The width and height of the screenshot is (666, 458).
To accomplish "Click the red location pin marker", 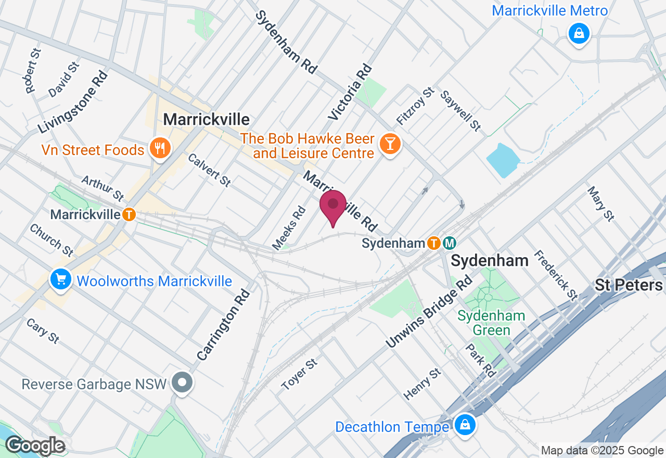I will click(333, 206).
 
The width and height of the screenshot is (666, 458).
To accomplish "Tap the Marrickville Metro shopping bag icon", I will click(579, 34).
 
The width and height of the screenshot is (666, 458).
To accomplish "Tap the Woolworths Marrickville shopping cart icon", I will click(61, 280).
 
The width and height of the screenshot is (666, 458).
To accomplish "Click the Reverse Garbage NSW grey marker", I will click(183, 383).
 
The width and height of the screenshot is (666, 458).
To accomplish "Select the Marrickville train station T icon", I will click(129, 214).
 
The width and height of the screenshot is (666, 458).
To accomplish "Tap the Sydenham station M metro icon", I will click(450, 243).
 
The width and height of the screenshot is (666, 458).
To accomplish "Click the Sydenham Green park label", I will click(492, 323).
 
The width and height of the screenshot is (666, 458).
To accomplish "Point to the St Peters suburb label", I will click(629, 285).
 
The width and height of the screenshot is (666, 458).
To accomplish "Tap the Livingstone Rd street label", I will click(73, 101).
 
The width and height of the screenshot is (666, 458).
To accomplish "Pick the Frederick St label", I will click(556, 275).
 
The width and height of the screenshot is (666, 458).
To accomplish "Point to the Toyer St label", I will click(299, 374).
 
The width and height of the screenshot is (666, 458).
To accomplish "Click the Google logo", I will click(35, 446).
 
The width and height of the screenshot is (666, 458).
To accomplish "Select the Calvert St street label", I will click(209, 170).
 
